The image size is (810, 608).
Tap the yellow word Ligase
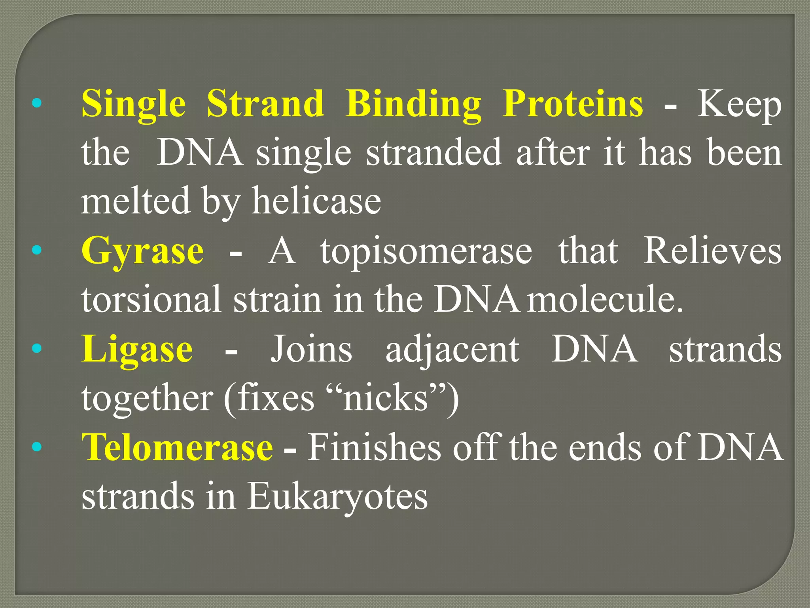point(137,350)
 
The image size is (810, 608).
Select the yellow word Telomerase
point(177,447)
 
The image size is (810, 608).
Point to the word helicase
point(316,201)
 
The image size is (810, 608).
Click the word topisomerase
point(426,252)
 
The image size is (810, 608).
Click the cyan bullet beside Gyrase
point(36,250)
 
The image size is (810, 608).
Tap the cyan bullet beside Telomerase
point(36,447)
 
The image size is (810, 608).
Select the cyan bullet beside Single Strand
point(36,103)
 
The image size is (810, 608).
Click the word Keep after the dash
point(739,104)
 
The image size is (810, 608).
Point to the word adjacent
point(452,350)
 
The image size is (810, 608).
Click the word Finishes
point(374,447)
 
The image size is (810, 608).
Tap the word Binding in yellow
point(413,104)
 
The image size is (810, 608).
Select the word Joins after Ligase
point(311,350)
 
